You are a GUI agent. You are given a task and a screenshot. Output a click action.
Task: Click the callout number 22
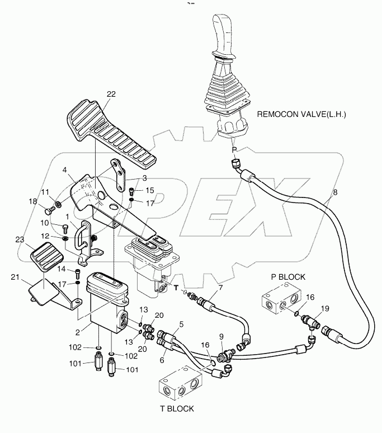(x=111, y=94)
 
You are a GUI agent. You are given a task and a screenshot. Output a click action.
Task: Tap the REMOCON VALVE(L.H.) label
(x=302, y=114)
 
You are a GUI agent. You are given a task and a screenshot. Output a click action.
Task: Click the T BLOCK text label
(x=173, y=408)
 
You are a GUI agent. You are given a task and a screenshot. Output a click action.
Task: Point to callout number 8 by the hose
(x=335, y=192)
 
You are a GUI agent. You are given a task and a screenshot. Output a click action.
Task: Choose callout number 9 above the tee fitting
(x=221, y=337)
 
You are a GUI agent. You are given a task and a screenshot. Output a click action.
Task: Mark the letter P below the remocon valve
(x=234, y=150)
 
